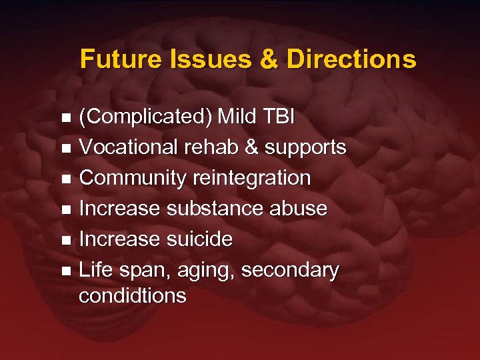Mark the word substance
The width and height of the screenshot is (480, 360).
(214, 209)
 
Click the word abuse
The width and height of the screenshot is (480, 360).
(298, 209)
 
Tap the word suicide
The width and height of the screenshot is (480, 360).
(199, 239)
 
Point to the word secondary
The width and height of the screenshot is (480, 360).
(290, 270)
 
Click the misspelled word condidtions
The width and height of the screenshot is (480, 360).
(133, 295)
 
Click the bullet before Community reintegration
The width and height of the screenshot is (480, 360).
(65, 179)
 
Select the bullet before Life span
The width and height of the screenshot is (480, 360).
(65, 271)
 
